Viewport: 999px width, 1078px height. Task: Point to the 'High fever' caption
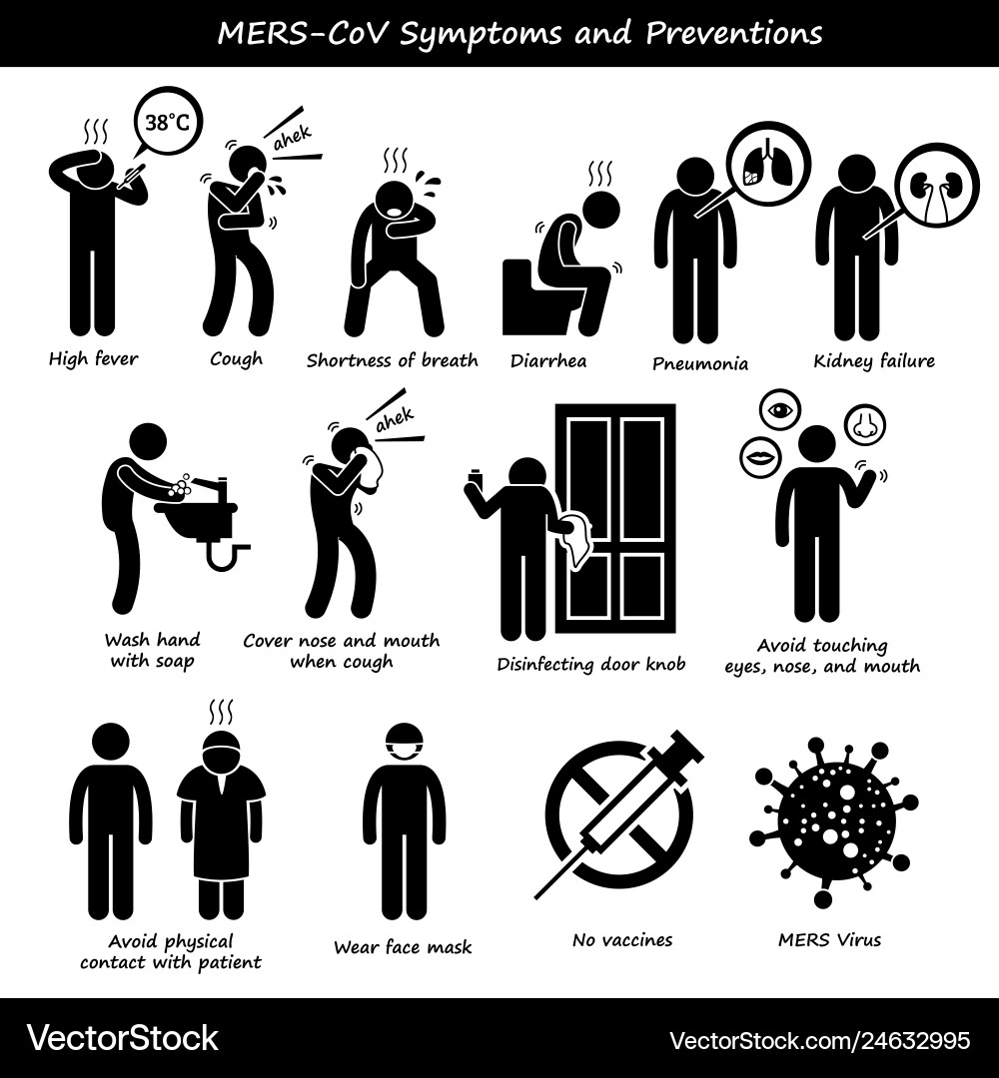[x=95, y=359]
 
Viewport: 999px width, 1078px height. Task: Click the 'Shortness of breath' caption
[x=392, y=360]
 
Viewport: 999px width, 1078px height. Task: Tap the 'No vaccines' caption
[x=622, y=939]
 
